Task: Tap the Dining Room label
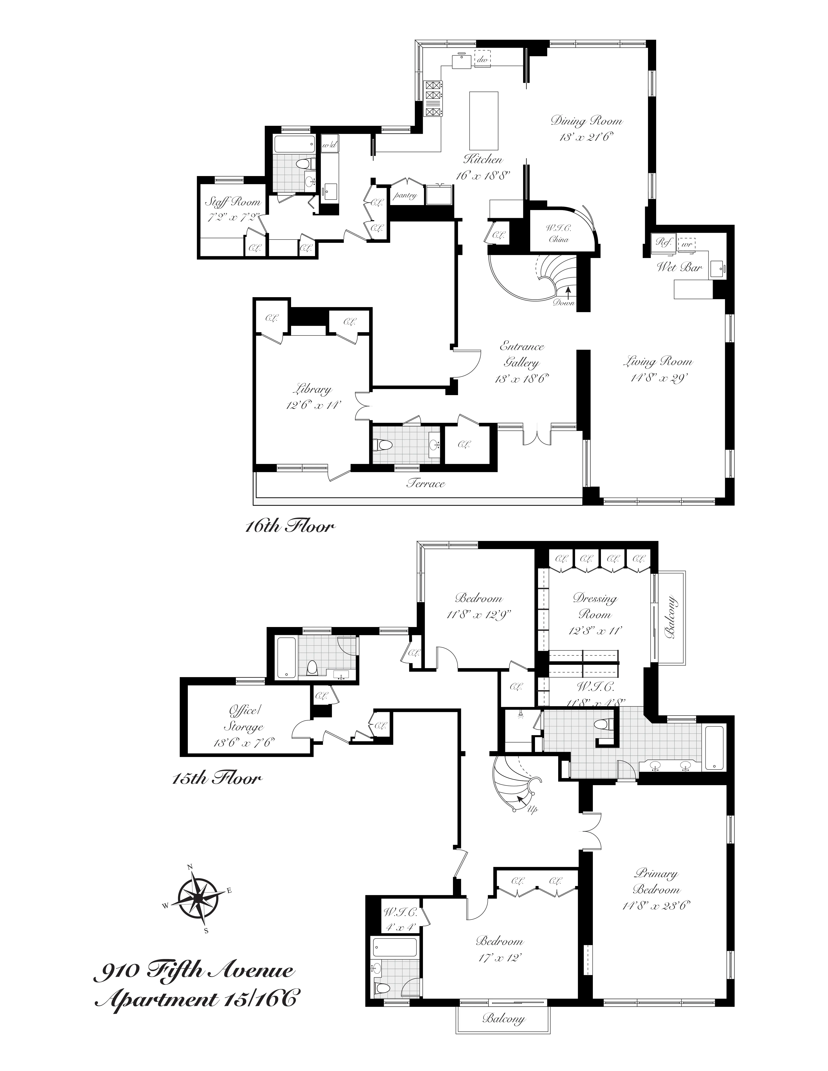[586, 121]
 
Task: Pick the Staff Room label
[232, 202]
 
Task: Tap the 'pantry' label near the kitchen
[405, 195]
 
